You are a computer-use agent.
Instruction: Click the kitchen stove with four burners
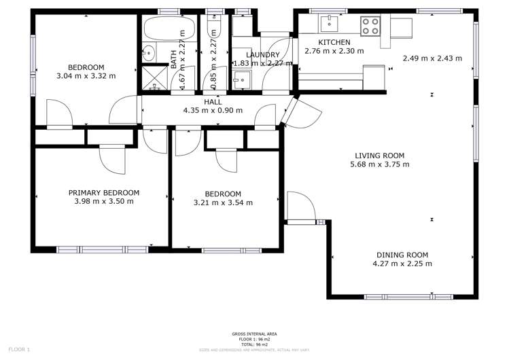tap(370, 26)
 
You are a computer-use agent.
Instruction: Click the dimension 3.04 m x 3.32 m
tap(86, 75)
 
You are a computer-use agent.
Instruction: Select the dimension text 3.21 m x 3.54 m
tap(222, 202)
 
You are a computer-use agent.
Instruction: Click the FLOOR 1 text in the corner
tap(19, 349)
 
